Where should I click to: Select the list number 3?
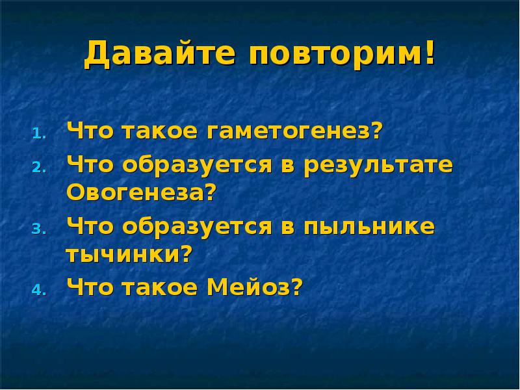(38, 229)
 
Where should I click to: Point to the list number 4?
(38, 290)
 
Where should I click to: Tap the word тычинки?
(130, 253)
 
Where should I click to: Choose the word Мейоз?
(255, 287)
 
